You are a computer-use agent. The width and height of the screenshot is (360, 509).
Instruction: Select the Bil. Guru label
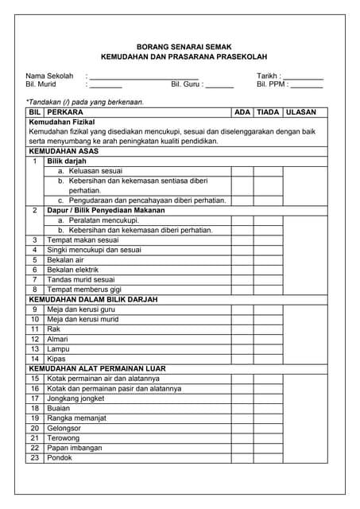tap(186, 84)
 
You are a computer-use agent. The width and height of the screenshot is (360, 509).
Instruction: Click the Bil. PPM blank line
tap(306, 84)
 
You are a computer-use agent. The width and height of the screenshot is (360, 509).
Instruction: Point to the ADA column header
tap(242, 113)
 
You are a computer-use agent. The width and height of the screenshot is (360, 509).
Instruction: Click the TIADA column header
tap(267, 113)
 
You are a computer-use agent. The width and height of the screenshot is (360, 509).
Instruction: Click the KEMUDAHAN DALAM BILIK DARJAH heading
tap(93, 299)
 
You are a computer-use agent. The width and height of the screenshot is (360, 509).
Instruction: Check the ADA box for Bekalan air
tap(242, 259)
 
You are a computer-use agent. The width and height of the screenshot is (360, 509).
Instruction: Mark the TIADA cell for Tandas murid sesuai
tap(267, 279)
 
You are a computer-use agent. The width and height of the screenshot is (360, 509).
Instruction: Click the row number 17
tap(34, 398)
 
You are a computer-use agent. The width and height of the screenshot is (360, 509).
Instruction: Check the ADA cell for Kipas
tap(242, 358)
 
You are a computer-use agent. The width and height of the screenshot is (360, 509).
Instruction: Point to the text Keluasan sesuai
tap(95, 171)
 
